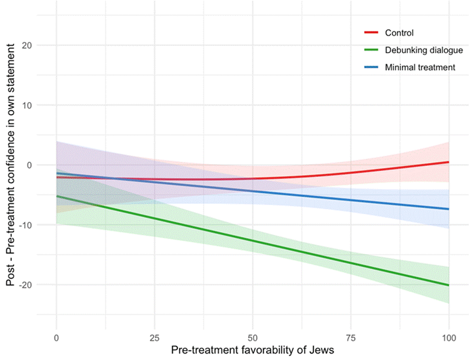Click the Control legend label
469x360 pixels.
point(399,33)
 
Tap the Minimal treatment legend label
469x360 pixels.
point(420,67)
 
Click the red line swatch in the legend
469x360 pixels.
point(371,33)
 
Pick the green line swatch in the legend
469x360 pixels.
point(371,50)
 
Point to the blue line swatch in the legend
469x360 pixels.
point(371,67)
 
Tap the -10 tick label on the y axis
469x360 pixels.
point(30,225)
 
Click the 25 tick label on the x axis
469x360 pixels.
point(154,339)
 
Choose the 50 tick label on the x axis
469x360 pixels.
point(252,339)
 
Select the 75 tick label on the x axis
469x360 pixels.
point(350,339)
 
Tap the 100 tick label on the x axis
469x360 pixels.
point(449,339)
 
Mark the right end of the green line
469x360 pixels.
point(448,285)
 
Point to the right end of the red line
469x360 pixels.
point(448,162)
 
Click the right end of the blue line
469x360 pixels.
point(448,209)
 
